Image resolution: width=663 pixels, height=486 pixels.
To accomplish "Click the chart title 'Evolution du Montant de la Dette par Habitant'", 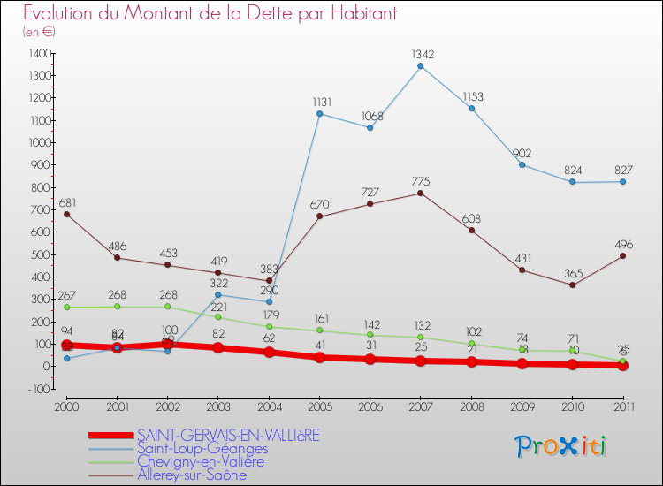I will (x=210, y=13).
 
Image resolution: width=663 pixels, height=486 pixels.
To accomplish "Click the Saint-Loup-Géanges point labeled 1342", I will (x=421, y=65).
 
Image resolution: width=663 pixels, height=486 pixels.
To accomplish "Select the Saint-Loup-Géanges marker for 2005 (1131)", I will (x=319, y=113).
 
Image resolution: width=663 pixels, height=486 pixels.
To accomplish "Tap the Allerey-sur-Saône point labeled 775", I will (x=421, y=193).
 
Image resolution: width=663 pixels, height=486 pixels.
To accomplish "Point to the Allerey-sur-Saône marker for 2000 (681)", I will (x=67, y=214).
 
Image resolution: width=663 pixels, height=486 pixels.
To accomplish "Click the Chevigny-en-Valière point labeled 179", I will (x=269, y=326).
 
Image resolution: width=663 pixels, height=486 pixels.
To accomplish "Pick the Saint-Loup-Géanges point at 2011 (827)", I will (x=622, y=181).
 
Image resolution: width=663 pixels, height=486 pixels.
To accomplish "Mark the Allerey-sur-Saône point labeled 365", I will (x=572, y=285).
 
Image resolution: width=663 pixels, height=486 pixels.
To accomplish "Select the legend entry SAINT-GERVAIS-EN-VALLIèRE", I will (x=228, y=435).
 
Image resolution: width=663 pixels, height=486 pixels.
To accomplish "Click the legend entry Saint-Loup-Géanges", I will (x=202, y=448).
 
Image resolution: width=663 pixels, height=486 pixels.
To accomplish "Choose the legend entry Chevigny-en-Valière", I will (x=202, y=461).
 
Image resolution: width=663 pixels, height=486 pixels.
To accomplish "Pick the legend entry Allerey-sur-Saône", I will (x=192, y=475).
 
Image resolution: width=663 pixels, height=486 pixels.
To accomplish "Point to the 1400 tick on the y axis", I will (x=39, y=54).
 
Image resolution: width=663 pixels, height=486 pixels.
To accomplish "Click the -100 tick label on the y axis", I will (x=39, y=389).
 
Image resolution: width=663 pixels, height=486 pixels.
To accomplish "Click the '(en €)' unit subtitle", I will (x=39, y=32).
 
